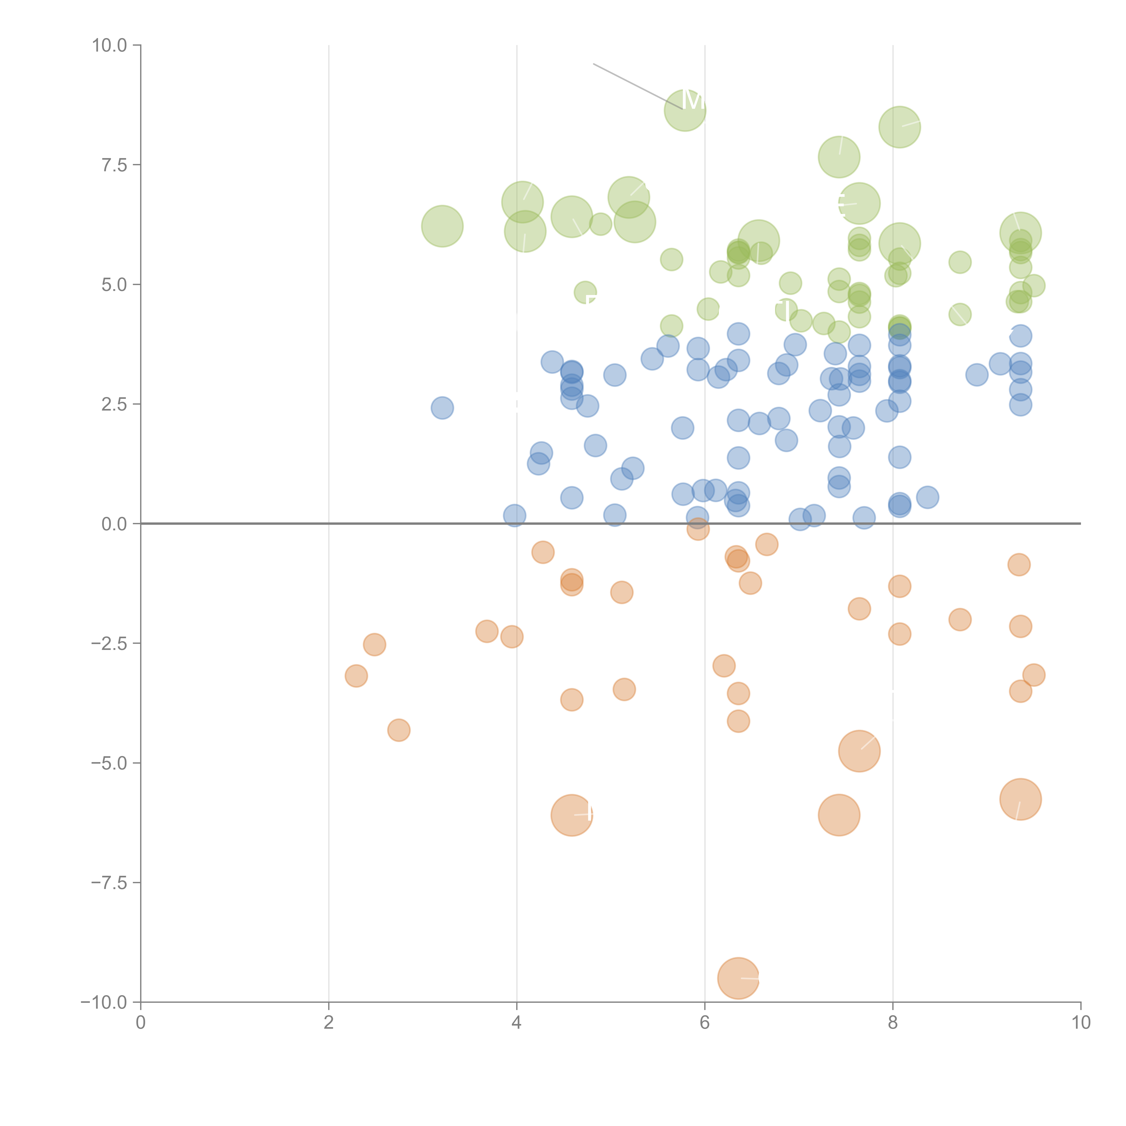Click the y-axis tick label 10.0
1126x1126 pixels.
pyautogui.click(x=110, y=45)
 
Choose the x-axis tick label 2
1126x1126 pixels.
pyautogui.click(x=329, y=1023)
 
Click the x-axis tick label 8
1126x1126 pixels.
pyautogui.click(x=893, y=1023)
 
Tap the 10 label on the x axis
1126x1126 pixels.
pyautogui.click(x=1081, y=1023)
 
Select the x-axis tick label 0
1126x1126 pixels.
pyautogui.click(x=141, y=1023)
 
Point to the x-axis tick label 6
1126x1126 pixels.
pyautogui.click(x=705, y=1023)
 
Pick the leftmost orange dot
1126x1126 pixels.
pyautogui.click(x=356, y=676)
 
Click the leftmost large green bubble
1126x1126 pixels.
pyautogui.click(x=442, y=226)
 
